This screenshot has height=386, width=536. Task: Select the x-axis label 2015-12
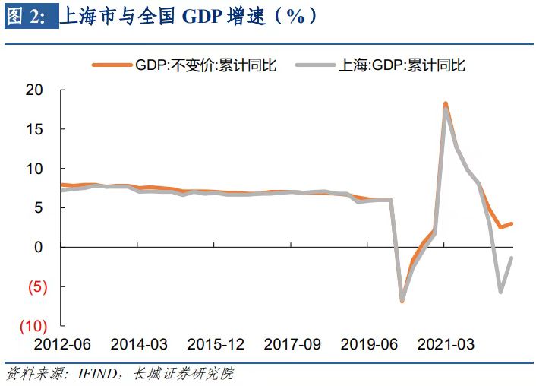[216, 344]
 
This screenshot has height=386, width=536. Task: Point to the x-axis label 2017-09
[293, 344]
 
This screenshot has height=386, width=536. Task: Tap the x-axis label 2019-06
[370, 344]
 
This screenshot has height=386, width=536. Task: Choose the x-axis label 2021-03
[447, 344]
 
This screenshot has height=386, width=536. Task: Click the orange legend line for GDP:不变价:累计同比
[110, 65]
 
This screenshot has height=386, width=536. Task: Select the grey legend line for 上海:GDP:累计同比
[316, 65]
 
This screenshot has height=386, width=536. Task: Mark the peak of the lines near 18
[445, 104]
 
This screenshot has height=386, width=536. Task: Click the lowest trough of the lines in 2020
[402, 300]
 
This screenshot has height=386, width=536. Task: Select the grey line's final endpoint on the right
[511, 258]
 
